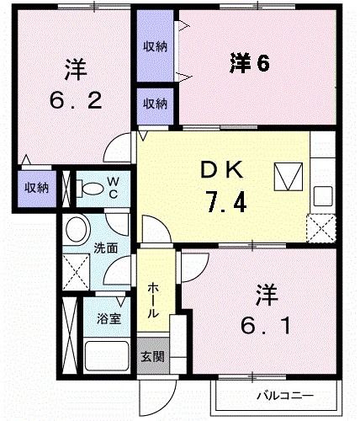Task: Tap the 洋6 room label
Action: point(249,63)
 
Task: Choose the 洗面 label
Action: point(105,248)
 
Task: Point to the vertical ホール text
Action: point(154,301)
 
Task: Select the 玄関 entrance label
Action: point(152,356)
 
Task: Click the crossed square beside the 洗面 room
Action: point(75,271)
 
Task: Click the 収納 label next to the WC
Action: point(35,187)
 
